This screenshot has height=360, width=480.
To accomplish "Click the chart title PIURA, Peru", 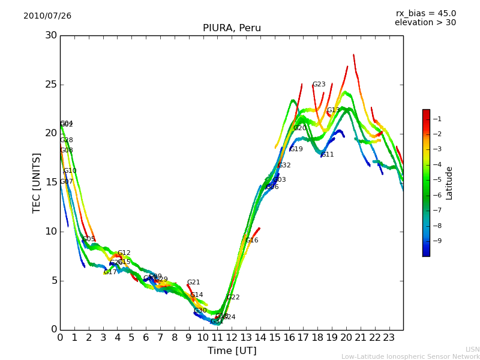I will [232, 28].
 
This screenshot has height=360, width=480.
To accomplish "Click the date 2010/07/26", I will [47, 16].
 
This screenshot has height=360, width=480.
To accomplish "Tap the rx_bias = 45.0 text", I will [426, 14].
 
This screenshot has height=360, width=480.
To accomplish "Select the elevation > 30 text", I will [425, 23].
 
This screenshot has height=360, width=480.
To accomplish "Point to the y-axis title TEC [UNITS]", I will [37, 182].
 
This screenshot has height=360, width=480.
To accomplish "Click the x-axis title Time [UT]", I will [232, 351].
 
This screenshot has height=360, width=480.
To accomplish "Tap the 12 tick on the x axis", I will [232, 337].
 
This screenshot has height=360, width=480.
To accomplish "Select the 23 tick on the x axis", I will [389, 337].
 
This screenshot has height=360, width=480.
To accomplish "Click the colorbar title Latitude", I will [449, 183].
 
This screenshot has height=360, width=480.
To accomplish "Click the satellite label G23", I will [319, 85].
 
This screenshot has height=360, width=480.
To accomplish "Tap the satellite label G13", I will [333, 110].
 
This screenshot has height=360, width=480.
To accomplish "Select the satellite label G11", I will [328, 155].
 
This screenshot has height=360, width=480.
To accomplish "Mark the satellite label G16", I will [251, 241].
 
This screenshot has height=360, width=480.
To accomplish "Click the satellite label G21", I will [193, 283].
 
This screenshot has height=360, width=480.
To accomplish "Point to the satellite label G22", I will [233, 298].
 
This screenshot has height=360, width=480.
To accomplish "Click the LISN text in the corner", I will [472, 349].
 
